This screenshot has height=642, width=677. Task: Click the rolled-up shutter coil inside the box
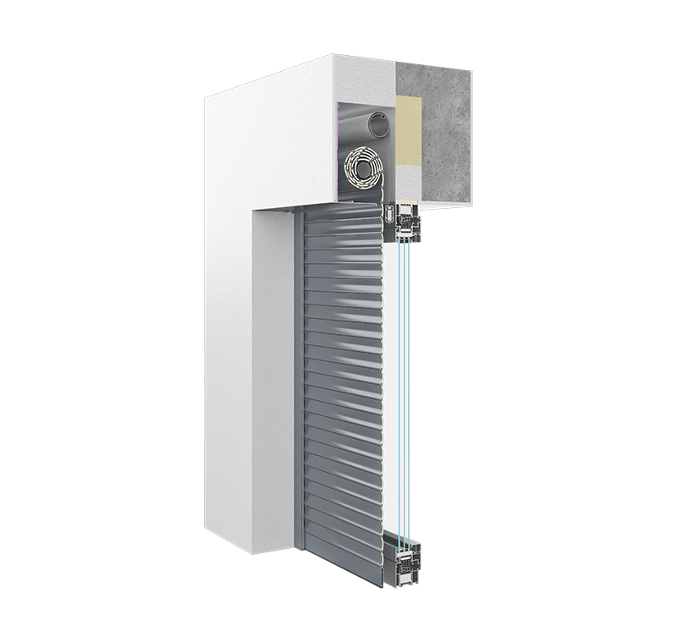point(363,167)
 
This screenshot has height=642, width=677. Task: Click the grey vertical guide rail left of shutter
point(298,381)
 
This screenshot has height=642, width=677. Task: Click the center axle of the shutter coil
point(363,168)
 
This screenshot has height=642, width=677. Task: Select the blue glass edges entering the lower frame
point(405,524)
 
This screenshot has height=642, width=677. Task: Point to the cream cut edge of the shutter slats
point(382,381)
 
